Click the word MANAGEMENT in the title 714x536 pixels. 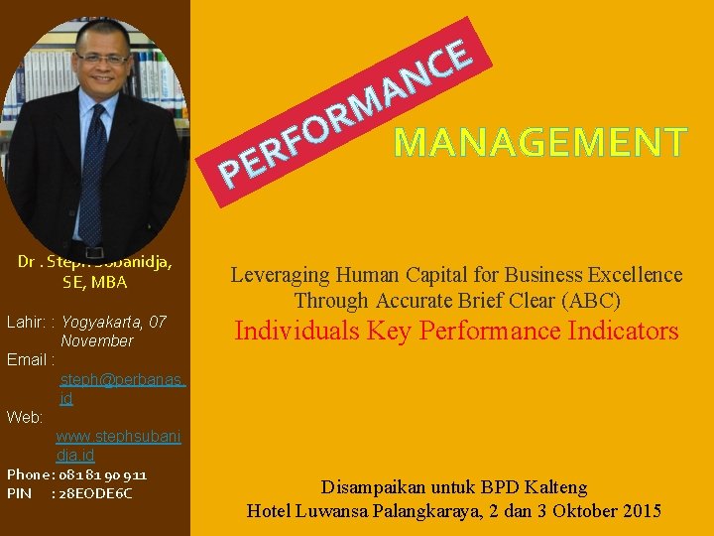click(539, 143)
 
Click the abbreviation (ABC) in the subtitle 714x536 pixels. click(592, 300)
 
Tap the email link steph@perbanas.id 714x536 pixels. click(123, 388)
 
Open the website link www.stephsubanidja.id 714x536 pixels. click(118, 445)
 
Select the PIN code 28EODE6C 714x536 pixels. click(96, 493)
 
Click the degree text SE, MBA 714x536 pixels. click(94, 282)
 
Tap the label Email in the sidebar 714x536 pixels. click(28, 359)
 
